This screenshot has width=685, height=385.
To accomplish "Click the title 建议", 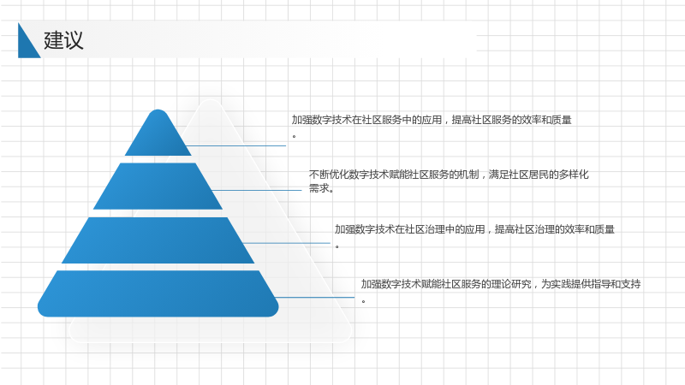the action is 63,40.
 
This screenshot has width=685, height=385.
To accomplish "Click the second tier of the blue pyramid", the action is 158,186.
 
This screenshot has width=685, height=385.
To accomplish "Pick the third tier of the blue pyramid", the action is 158,240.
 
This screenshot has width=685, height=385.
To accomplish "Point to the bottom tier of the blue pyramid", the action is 158,293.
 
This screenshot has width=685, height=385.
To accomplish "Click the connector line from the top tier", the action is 236,145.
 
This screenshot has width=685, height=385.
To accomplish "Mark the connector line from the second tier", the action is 257,190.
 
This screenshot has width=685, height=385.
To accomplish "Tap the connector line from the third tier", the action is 287,243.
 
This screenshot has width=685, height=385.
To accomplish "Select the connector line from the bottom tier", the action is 315,297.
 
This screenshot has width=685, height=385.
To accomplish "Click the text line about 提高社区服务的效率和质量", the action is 432,120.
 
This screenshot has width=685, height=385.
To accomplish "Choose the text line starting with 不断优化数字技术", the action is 449,175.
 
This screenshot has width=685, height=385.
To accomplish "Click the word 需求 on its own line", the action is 319,188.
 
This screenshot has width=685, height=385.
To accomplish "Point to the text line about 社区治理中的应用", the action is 474,229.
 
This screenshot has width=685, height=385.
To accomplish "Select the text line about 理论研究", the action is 501,284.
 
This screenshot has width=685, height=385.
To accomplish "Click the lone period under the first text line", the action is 294,137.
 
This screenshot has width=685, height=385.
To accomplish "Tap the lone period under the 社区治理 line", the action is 337,247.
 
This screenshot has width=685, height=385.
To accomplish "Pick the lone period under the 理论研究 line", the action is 363,301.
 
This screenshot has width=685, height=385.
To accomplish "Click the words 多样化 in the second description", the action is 574,175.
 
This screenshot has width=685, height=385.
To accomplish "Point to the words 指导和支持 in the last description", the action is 616,284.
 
